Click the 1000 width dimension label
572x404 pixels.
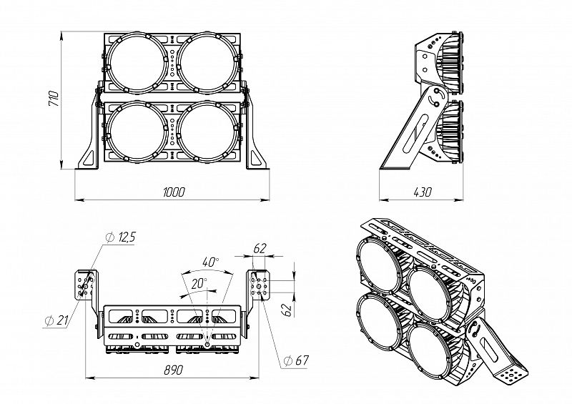click(174, 191)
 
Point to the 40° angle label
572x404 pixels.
click(211, 261)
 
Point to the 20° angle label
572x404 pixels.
click(198, 283)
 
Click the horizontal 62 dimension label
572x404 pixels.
click(260, 249)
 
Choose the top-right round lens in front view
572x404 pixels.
click(207, 64)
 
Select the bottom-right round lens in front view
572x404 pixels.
click(207, 132)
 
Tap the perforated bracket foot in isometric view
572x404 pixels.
click(513, 372)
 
